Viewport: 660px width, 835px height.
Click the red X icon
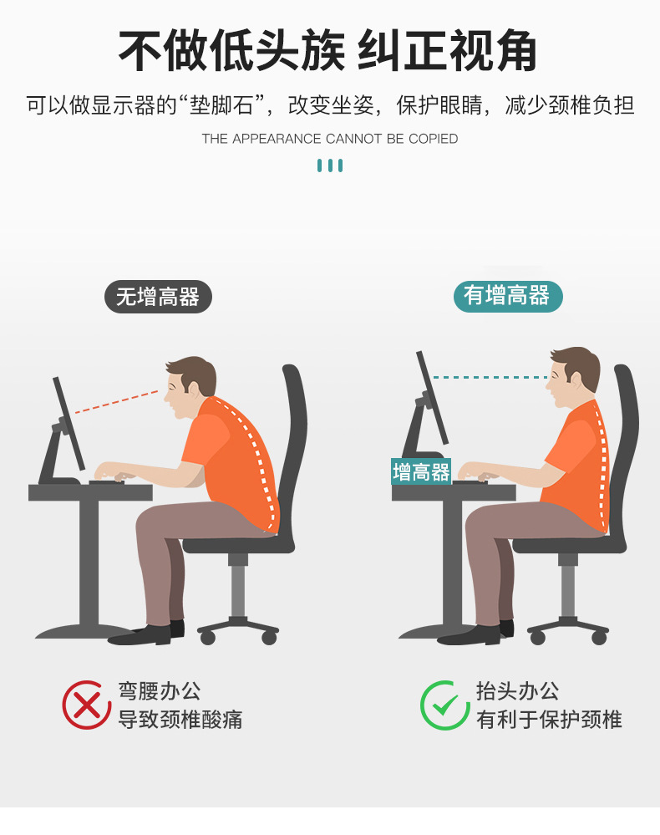tap(87, 705)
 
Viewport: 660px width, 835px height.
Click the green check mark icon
tap(445, 705)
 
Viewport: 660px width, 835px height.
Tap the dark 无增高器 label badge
tap(158, 297)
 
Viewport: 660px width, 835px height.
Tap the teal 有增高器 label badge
tap(508, 296)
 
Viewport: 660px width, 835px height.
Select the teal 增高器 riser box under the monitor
tap(421, 471)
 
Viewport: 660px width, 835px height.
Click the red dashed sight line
tap(117, 402)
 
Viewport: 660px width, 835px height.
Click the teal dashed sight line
tap(490, 377)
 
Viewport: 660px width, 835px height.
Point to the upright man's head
tap(573, 376)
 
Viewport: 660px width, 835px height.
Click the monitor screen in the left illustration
tap(69, 424)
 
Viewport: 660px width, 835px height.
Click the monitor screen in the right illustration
tap(432, 397)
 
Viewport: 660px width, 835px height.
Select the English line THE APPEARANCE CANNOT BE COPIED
tap(330, 139)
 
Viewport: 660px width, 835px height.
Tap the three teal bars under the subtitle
tap(330, 165)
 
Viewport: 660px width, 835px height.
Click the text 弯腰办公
tap(159, 691)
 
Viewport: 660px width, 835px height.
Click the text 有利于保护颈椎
tap(549, 720)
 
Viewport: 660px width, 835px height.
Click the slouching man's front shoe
tap(140, 635)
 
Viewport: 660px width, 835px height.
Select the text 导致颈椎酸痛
tap(180, 720)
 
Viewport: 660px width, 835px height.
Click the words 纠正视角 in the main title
tap(447, 51)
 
